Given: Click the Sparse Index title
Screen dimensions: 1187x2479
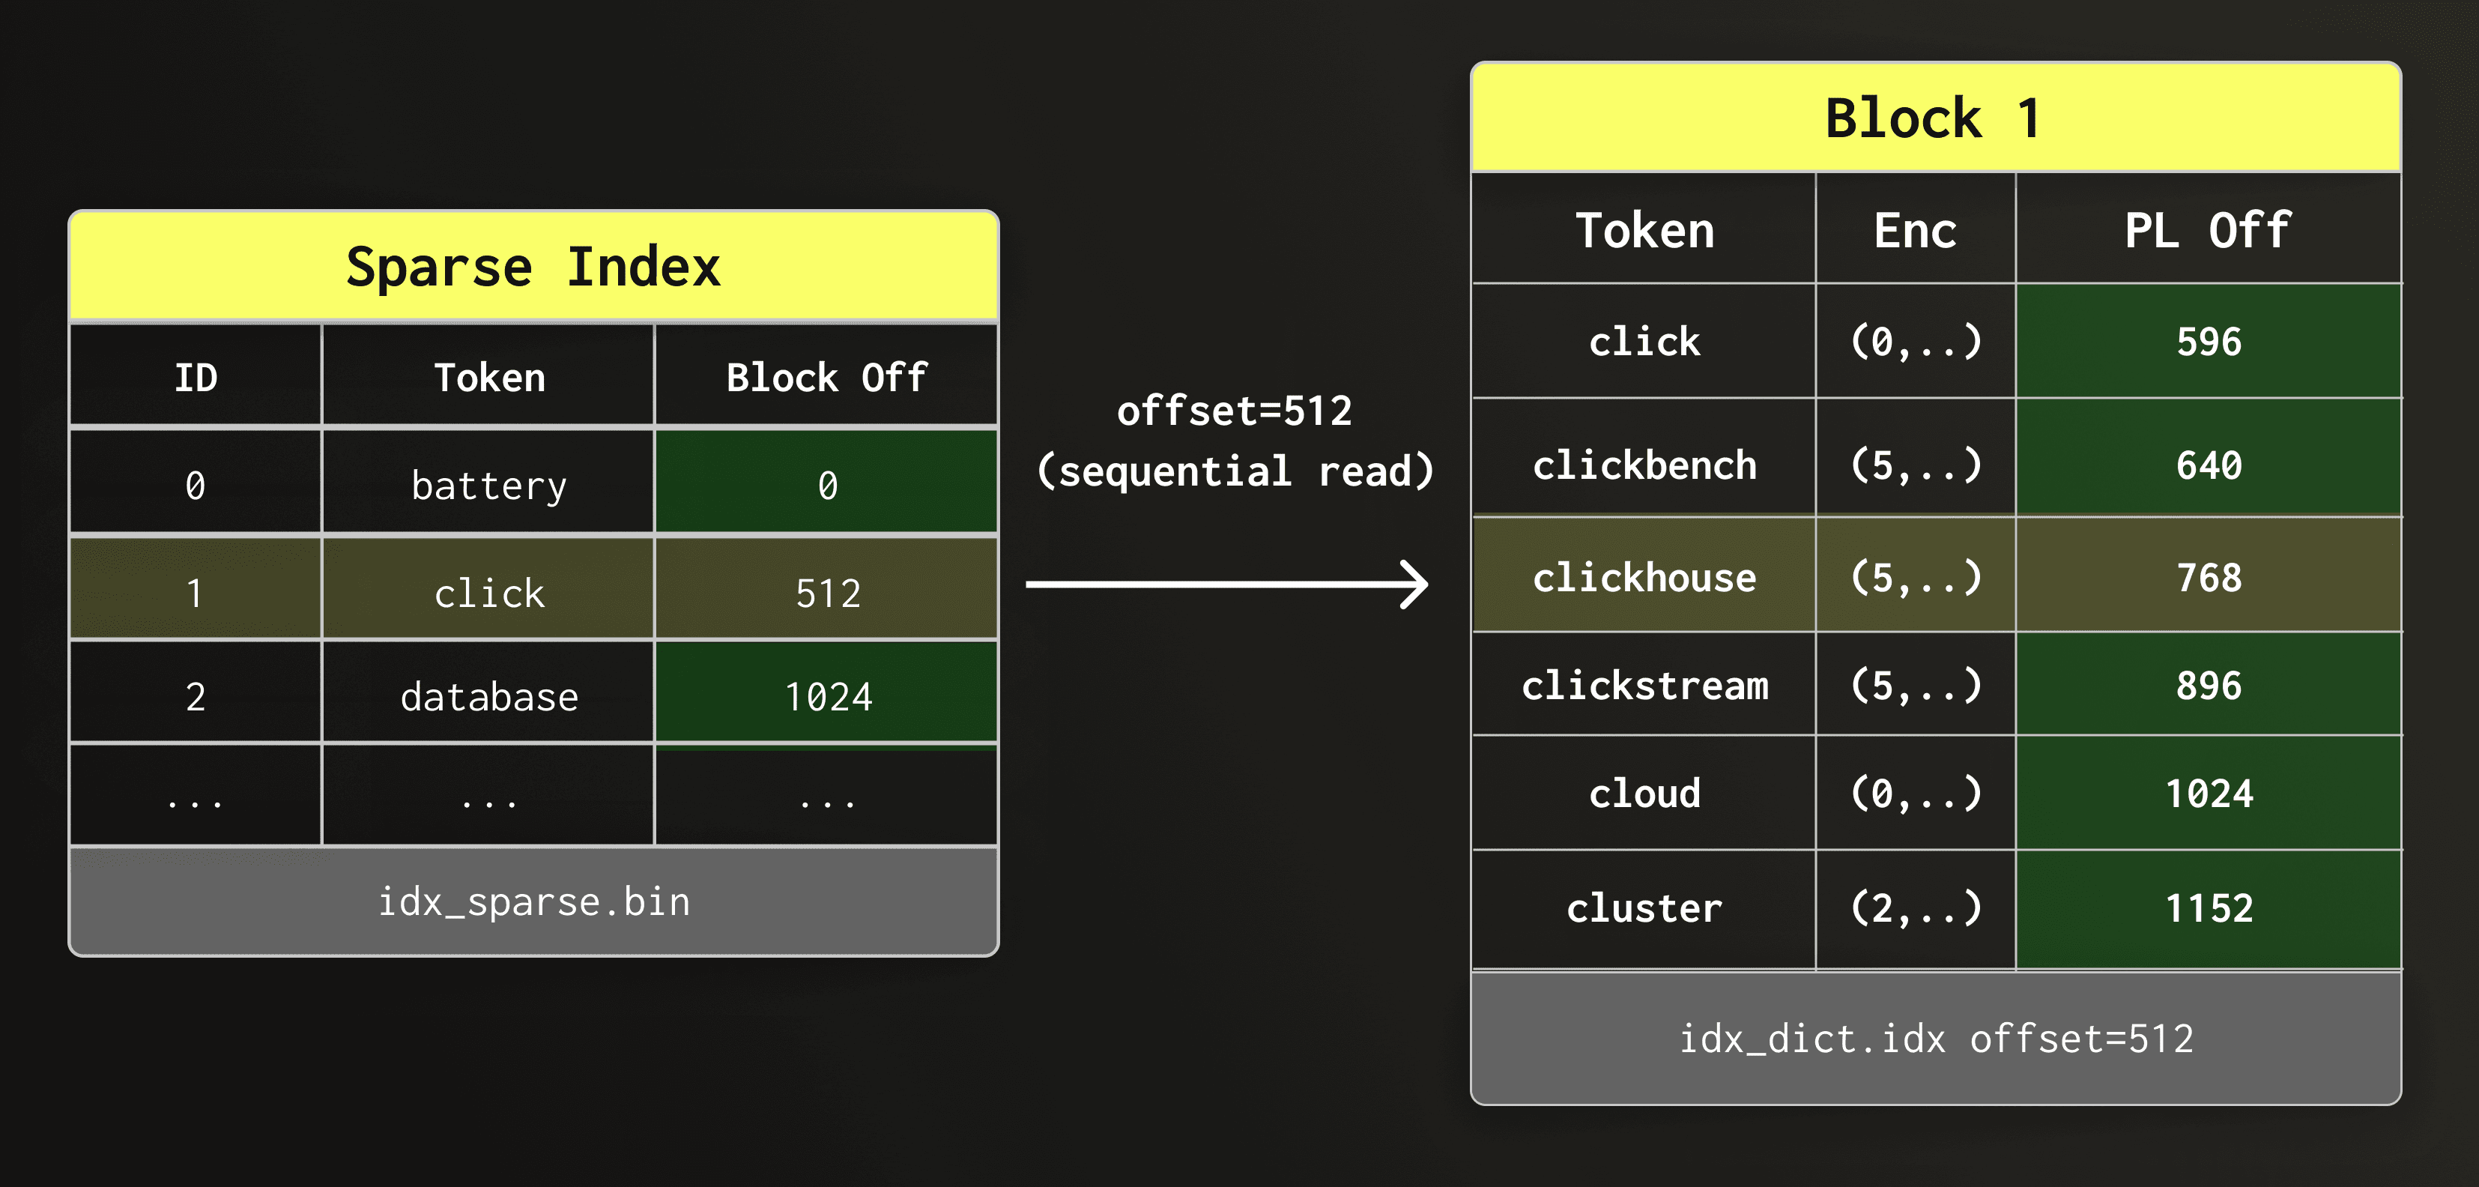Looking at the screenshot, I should pos(533,267).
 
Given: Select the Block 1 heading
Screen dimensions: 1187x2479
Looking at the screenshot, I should pos(1934,118).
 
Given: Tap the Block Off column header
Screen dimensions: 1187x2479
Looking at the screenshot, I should pos(826,378).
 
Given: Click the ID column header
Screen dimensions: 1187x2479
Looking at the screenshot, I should pos(196,378).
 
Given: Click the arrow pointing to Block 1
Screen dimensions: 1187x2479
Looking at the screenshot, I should pos(1227,585).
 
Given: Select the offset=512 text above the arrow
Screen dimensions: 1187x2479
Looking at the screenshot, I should pos(1234,411).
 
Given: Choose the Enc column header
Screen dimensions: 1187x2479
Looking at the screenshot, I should pos(1914,231).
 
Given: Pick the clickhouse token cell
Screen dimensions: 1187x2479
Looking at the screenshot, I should pos(1644,578).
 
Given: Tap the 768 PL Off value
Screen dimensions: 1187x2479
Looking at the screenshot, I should pos(2209,578).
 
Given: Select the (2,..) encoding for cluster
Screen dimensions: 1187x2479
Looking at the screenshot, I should pos(1915,907).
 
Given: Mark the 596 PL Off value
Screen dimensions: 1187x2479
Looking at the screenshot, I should pos(2209,342).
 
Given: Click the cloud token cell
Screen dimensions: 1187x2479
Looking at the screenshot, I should pos(1644,794).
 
